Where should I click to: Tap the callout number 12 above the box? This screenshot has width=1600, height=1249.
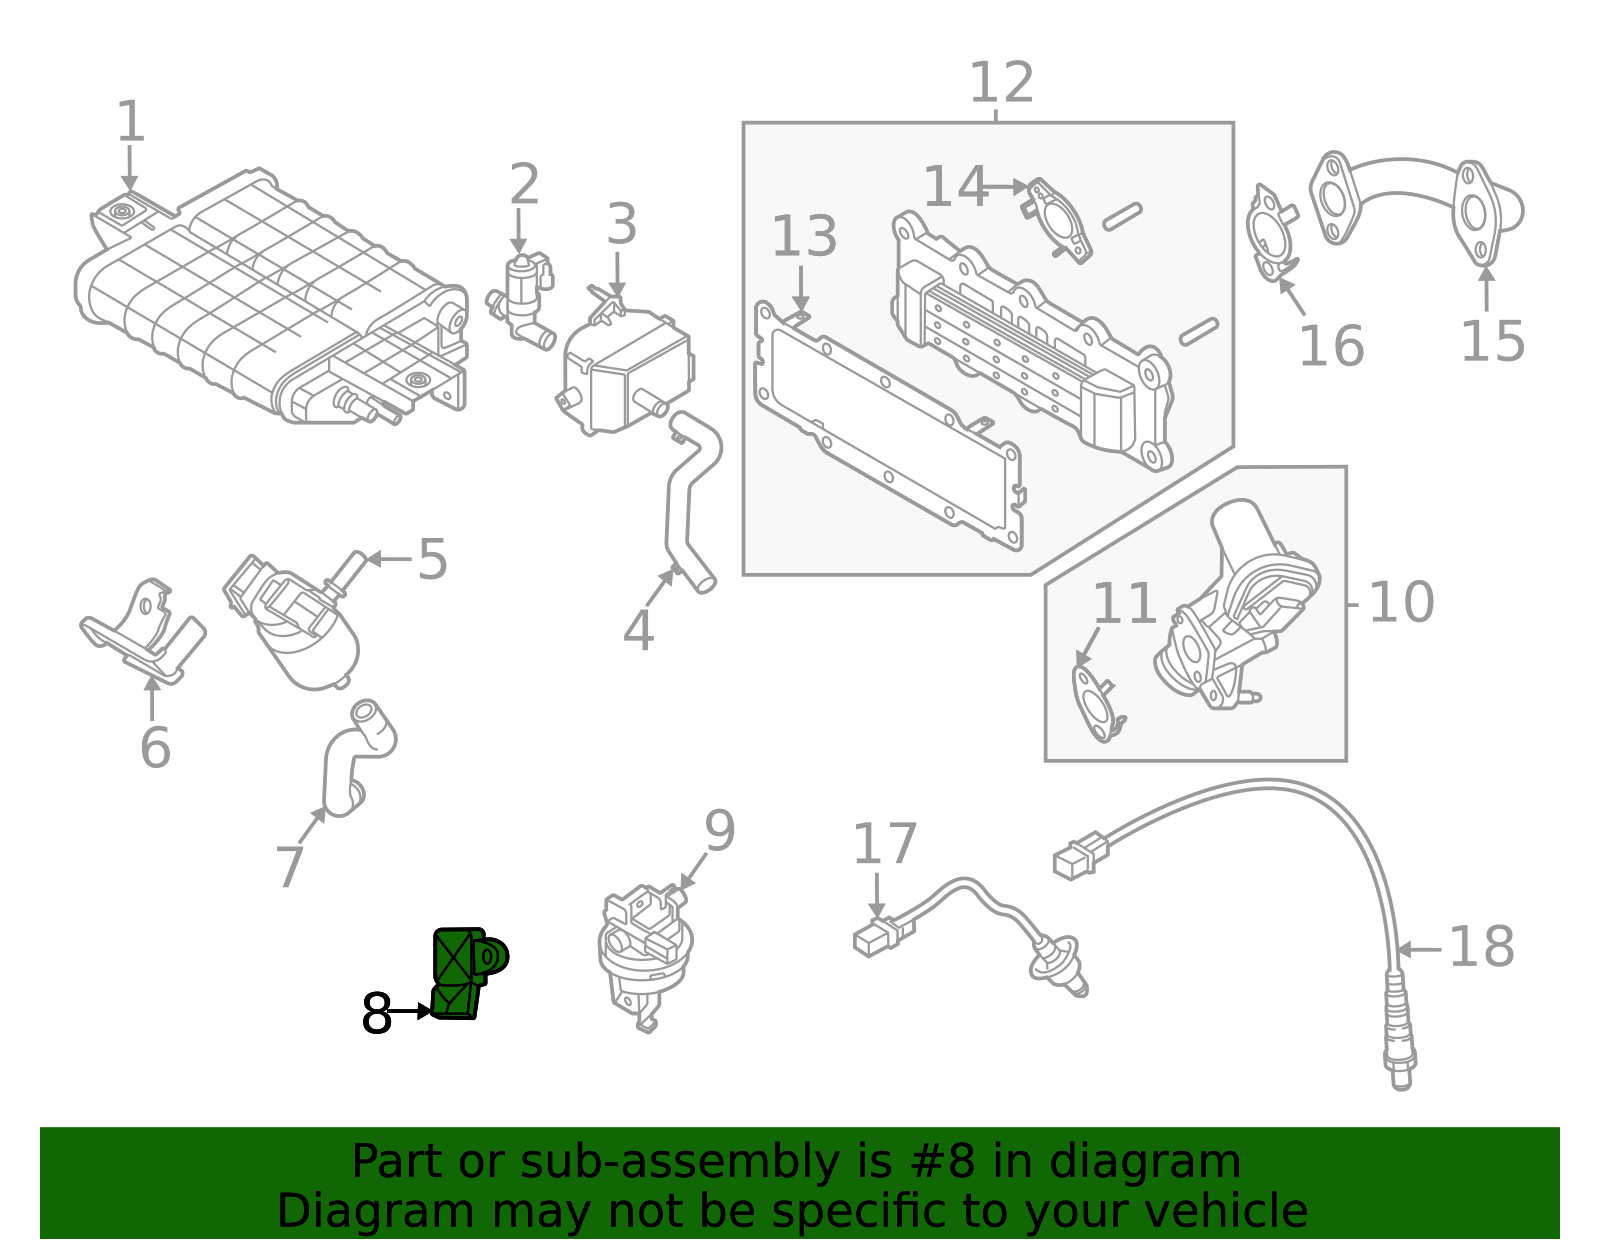pyautogui.click(x=1001, y=83)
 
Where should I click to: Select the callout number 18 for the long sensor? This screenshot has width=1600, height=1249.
pyautogui.click(x=1481, y=947)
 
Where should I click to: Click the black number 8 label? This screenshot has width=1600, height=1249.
pyautogui.click(x=376, y=1014)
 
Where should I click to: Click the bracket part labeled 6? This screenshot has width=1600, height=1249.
pyautogui.click(x=145, y=630)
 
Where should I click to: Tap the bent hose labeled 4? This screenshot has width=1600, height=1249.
pyautogui.click(x=690, y=500)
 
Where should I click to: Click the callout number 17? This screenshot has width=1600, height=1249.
pyautogui.click(x=884, y=844)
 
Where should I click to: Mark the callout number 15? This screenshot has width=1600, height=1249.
pyautogui.click(x=1492, y=342)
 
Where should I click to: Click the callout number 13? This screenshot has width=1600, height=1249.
pyautogui.click(x=804, y=237)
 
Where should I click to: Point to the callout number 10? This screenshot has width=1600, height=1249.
pyautogui.click(x=1400, y=603)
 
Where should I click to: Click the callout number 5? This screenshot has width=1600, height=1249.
pyautogui.click(x=432, y=559)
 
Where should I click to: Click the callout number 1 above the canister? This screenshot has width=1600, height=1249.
pyautogui.click(x=131, y=122)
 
